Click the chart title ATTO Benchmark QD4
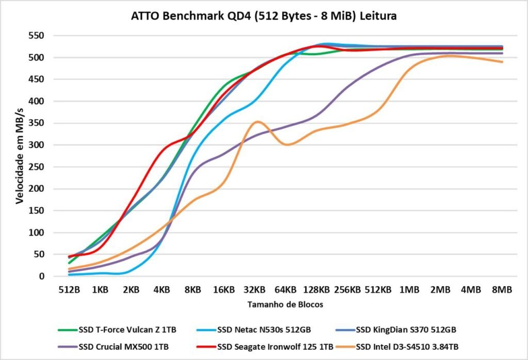[x=264, y=16]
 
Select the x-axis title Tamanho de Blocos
[x=285, y=304]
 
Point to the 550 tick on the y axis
[x=37, y=36]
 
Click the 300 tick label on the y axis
[x=37, y=145]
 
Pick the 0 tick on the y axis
[x=42, y=276]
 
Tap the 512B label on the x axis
[x=69, y=290]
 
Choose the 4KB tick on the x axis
[x=162, y=290]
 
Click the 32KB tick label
[x=255, y=290]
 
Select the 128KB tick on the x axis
[x=317, y=290]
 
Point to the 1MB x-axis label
[x=409, y=290]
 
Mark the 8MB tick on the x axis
[x=502, y=290]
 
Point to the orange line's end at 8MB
[x=502, y=62]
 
